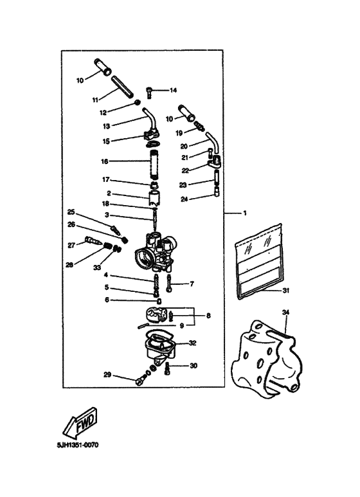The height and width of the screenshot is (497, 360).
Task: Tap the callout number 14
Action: pyautogui.click(x=173, y=90)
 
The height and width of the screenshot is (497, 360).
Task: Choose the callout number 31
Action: pyautogui.click(x=286, y=291)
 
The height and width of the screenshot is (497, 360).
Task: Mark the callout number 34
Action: pyautogui.click(x=286, y=312)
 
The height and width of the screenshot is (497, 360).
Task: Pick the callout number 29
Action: pyautogui.click(x=107, y=374)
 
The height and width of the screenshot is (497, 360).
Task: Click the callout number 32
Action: pyautogui.click(x=192, y=343)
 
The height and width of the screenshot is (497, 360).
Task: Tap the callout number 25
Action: pyautogui.click(x=71, y=212)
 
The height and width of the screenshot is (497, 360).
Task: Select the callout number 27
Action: pyautogui.click(x=71, y=244)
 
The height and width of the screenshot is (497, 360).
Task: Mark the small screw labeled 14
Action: pyautogui.click(x=150, y=91)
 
